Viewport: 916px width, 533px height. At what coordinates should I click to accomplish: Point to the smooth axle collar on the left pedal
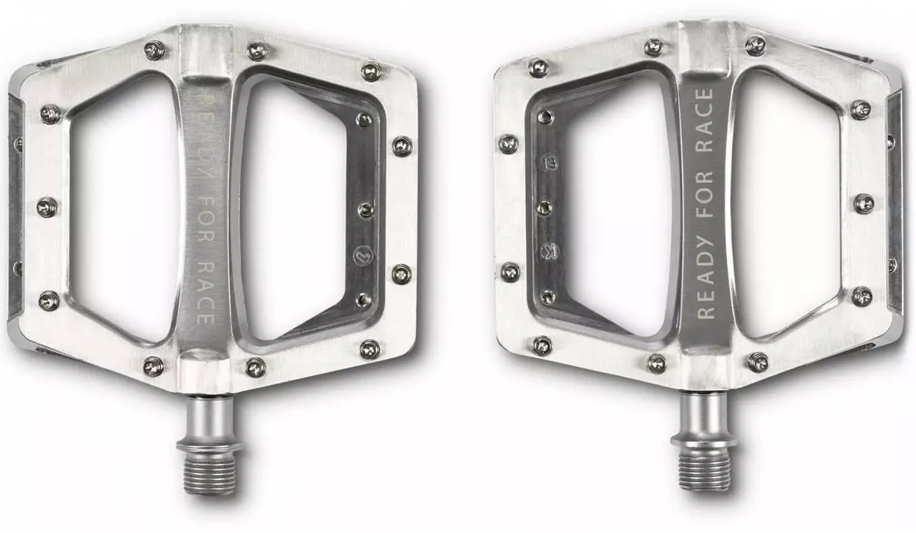[x=209, y=422]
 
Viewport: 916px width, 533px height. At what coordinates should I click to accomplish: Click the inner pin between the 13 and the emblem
[x=545, y=207]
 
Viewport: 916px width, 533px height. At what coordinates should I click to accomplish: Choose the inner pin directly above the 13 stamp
[x=546, y=116]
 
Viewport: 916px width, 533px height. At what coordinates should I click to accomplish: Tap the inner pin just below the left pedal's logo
[x=364, y=300]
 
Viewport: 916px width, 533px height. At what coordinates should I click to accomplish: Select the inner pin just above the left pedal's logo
[x=366, y=210]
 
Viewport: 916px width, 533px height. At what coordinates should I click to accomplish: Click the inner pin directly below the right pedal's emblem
[x=547, y=295]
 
